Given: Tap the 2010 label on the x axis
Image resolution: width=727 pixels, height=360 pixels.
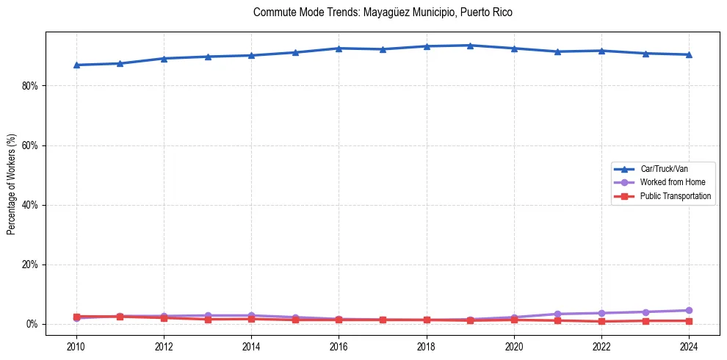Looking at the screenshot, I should pyautogui.click(x=76, y=345).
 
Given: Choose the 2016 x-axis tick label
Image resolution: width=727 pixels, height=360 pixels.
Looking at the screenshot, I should pyautogui.click(x=339, y=345).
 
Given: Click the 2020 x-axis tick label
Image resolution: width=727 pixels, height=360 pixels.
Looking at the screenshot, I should pyautogui.click(x=514, y=345).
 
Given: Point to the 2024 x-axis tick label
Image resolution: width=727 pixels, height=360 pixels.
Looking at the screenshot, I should pyautogui.click(x=689, y=345).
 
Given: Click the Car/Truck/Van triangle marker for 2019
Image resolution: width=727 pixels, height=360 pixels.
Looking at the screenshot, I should pyautogui.click(x=470, y=46).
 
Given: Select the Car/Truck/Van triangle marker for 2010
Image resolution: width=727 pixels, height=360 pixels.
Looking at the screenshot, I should pyautogui.click(x=76, y=65).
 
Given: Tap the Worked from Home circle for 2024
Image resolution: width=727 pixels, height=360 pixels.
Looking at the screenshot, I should pyautogui.click(x=689, y=311).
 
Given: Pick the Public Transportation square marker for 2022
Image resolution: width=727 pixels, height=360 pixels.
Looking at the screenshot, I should pyautogui.click(x=601, y=321).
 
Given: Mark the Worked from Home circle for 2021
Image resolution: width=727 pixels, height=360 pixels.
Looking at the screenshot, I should pyautogui.click(x=557, y=314).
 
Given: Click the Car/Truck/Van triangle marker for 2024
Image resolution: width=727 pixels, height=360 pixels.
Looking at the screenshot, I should pyautogui.click(x=689, y=54).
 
